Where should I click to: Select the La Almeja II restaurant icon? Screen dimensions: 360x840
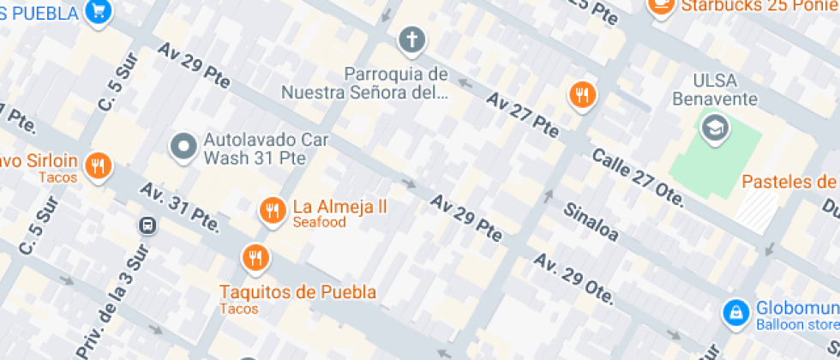273,209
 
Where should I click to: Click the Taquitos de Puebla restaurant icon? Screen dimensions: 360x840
255,256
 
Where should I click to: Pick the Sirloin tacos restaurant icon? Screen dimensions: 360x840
99,165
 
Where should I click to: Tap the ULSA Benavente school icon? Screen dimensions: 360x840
712,129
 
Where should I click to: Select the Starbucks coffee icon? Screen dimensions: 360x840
661,5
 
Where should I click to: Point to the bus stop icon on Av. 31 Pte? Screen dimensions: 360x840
147,225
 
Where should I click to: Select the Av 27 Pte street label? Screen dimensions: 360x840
522,115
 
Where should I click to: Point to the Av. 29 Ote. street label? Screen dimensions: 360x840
573,279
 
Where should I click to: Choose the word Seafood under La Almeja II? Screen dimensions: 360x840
319,223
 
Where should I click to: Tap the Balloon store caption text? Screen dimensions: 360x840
797,325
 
